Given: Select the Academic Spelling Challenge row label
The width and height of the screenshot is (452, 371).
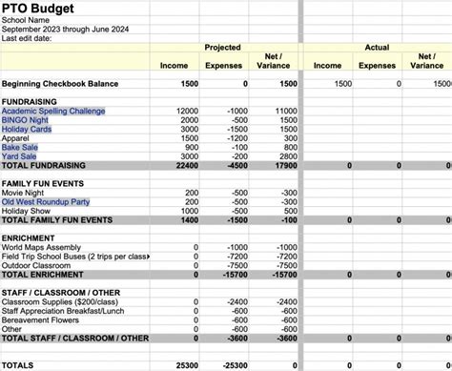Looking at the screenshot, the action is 53,112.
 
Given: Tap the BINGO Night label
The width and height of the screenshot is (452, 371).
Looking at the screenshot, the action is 26,121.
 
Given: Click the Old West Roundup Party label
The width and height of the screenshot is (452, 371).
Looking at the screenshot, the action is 45,202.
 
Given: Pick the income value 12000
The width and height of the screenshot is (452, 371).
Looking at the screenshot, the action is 187,112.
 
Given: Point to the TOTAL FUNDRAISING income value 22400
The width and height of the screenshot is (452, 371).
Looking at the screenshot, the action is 187,166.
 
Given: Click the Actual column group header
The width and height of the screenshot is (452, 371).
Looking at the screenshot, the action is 377,47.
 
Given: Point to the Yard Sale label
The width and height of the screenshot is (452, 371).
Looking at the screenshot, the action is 21,156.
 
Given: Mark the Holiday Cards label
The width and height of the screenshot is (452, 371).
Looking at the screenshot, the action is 28,130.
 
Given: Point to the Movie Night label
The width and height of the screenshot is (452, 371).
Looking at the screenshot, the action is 25,193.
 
